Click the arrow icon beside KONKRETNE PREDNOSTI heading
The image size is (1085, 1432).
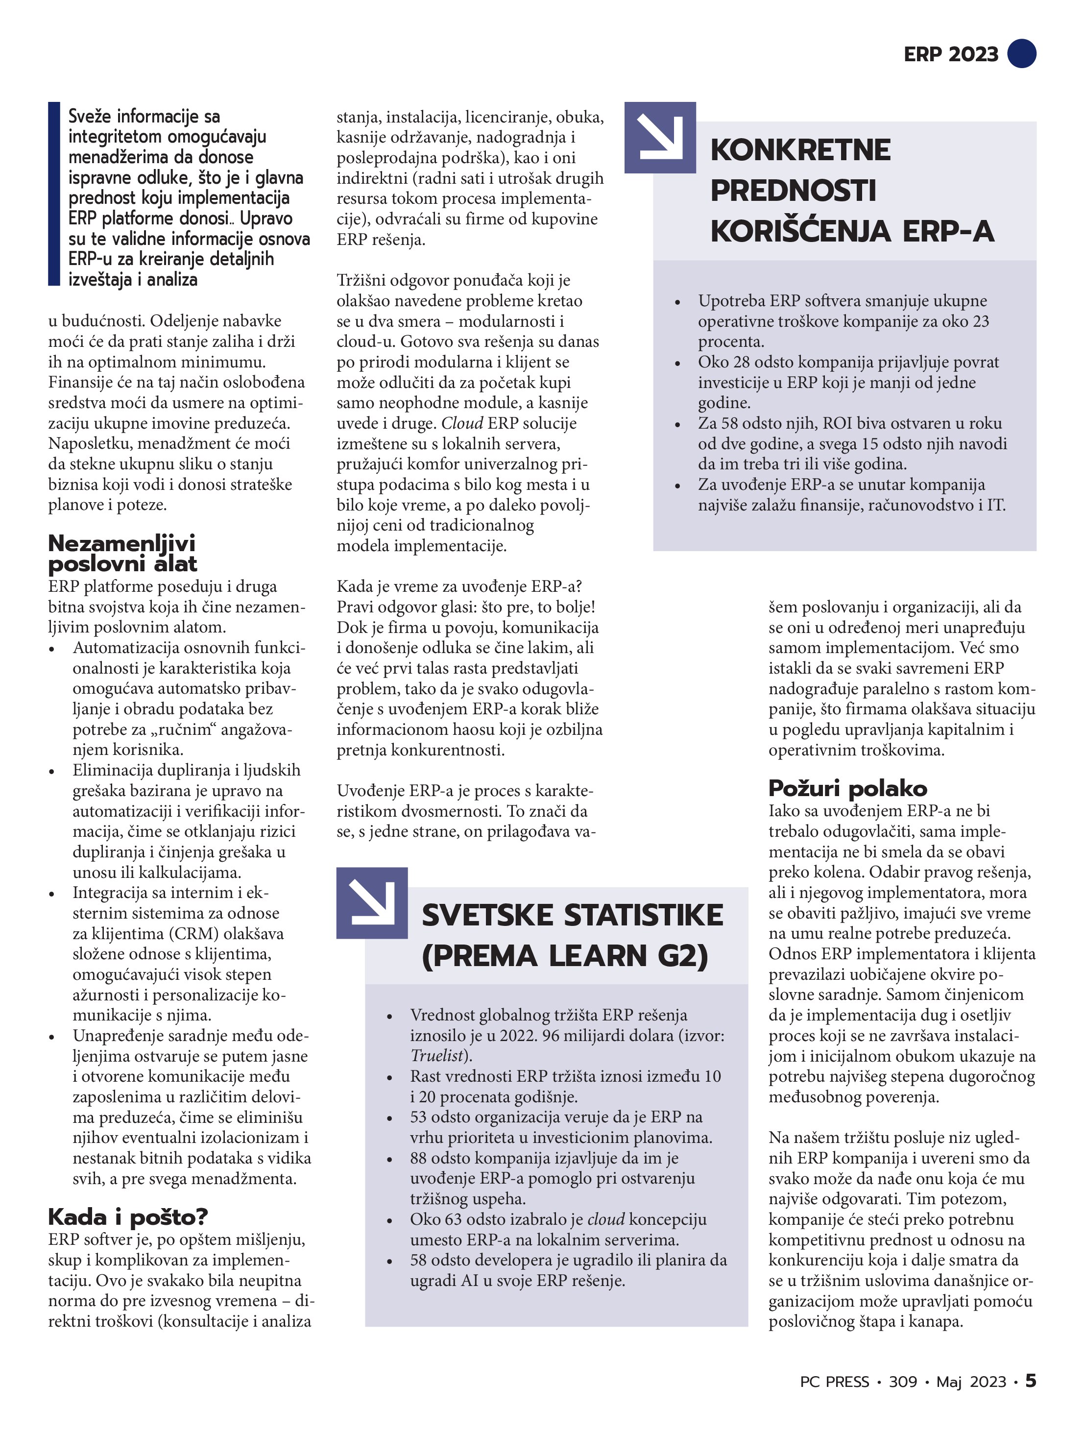pyautogui.click(x=660, y=137)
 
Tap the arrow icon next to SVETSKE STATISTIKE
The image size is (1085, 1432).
pyautogui.click(x=372, y=902)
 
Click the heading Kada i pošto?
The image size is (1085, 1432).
pyautogui.click(x=127, y=1216)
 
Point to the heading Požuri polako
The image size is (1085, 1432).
pyautogui.click(x=847, y=788)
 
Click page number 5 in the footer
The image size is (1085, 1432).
pyautogui.click(x=1030, y=1381)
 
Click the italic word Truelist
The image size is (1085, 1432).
pyautogui.click(x=437, y=1055)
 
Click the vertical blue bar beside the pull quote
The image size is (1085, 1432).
pyautogui.click(x=54, y=194)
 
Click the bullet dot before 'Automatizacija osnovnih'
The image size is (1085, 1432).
pyautogui.click(x=52, y=649)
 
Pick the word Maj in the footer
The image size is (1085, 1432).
pyautogui.click(x=948, y=1382)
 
